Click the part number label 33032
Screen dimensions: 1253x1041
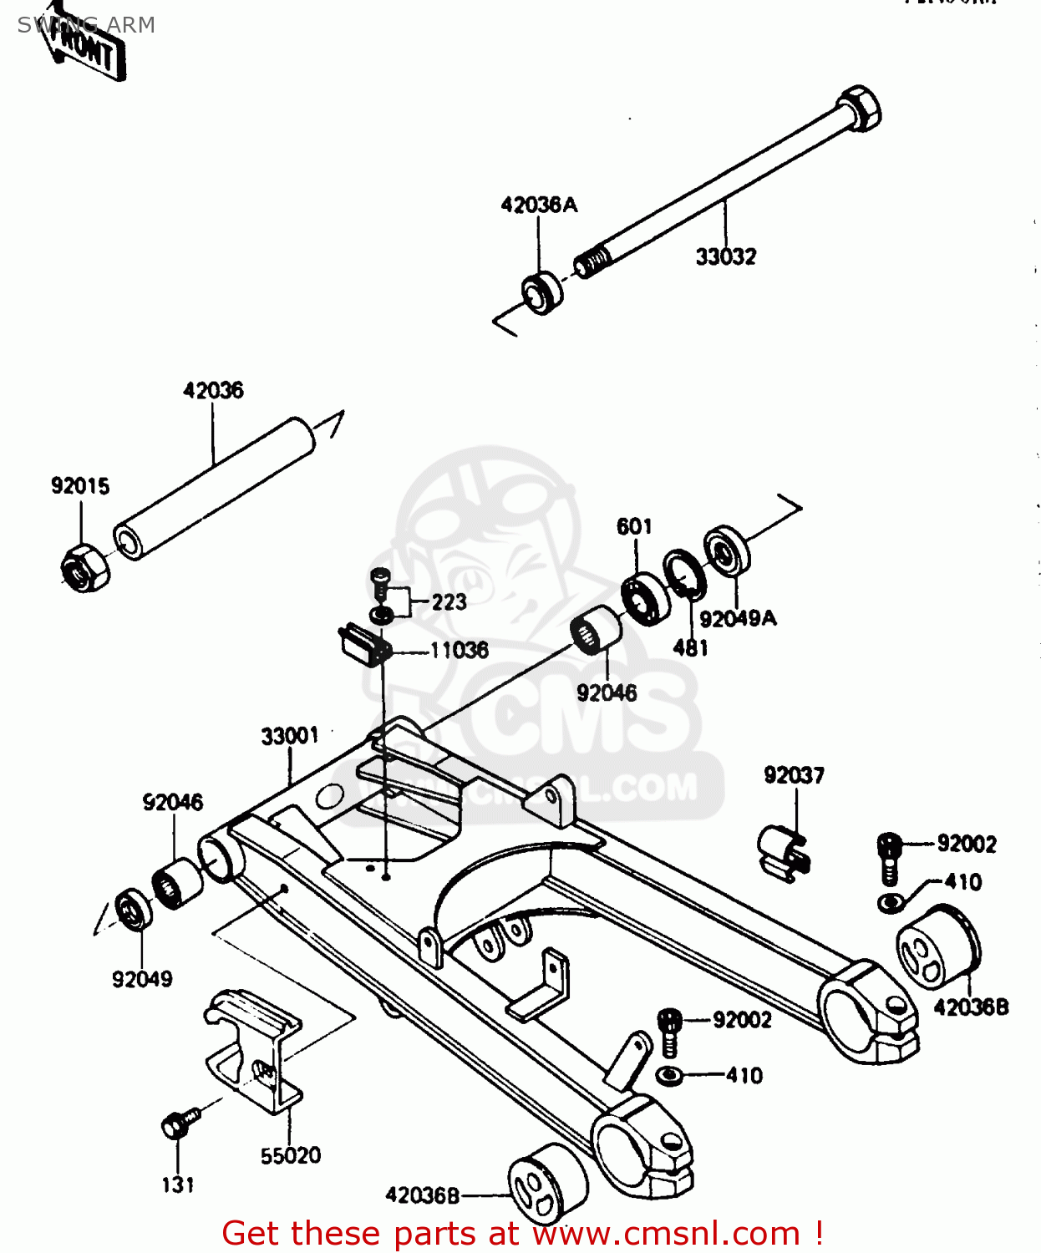(x=725, y=256)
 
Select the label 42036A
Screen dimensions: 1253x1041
(x=539, y=205)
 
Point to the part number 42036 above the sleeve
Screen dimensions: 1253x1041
(x=213, y=390)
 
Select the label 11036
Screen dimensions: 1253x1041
(x=459, y=650)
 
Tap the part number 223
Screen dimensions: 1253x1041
(x=449, y=601)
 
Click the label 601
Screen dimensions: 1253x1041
(x=634, y=526)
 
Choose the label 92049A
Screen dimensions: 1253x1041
(x=738, y=618)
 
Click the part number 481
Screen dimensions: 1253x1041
(x=690, y=647)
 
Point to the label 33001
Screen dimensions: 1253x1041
(x=289, y=735)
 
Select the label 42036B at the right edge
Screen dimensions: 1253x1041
(x=971, y=1007)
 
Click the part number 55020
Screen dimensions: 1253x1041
(x=290, y=1155)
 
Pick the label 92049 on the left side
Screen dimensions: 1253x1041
(x=142, y=979)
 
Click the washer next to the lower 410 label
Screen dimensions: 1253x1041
(x=670, y=1075)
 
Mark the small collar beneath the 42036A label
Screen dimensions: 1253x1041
(x=542, y=293)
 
